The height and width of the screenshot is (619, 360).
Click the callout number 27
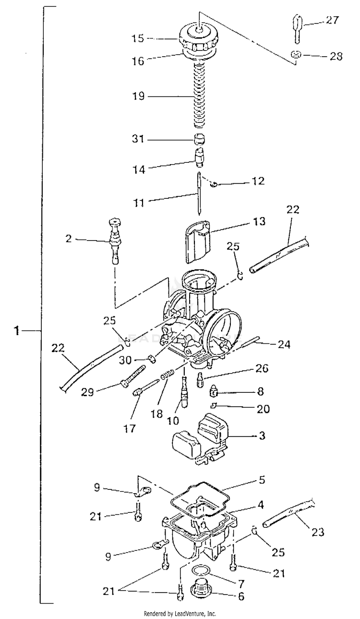coord(332,20)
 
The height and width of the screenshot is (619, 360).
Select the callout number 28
coord(336,56)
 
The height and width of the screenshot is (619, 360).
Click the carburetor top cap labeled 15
coord(199,38)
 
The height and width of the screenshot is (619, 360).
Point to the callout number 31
coord(138,138)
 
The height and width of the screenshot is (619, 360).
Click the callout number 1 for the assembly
coord(17,330)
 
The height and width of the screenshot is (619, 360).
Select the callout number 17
coord(130,429)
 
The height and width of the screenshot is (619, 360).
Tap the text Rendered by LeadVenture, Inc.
coord(180,614)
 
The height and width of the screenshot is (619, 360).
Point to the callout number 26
coord(262,368)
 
